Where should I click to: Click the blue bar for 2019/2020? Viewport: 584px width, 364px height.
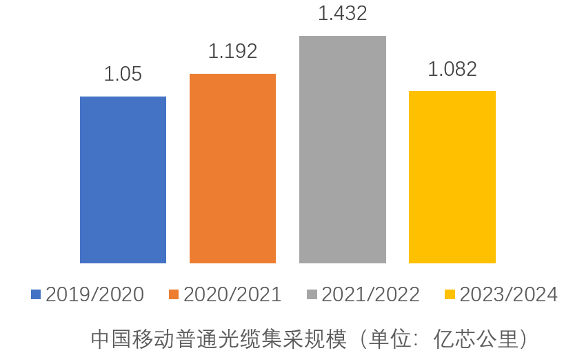tap(123, 180)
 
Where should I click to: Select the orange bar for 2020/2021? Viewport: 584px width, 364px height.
tap(232, 168)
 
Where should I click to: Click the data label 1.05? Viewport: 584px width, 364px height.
tap(123, 74)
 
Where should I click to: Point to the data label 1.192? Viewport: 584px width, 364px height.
tap(232, 51)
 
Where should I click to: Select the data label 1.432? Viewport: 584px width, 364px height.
tap(342, 13)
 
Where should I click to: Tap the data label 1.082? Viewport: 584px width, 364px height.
tap(452, 69)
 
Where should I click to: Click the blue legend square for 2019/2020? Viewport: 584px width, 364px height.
tap(36, 295)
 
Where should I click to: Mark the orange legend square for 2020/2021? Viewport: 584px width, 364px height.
tap(173, 295)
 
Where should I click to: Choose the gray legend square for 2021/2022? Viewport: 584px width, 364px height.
tap(311, 295)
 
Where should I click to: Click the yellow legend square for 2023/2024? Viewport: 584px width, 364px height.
tap(449, 295)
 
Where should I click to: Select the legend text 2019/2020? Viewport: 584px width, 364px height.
tap(94, 295)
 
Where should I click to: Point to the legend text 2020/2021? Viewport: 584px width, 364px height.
tap(232, 295)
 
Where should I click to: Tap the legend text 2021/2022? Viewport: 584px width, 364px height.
tap(370, 295)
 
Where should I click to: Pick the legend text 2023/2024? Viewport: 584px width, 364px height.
tap(508, 295)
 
